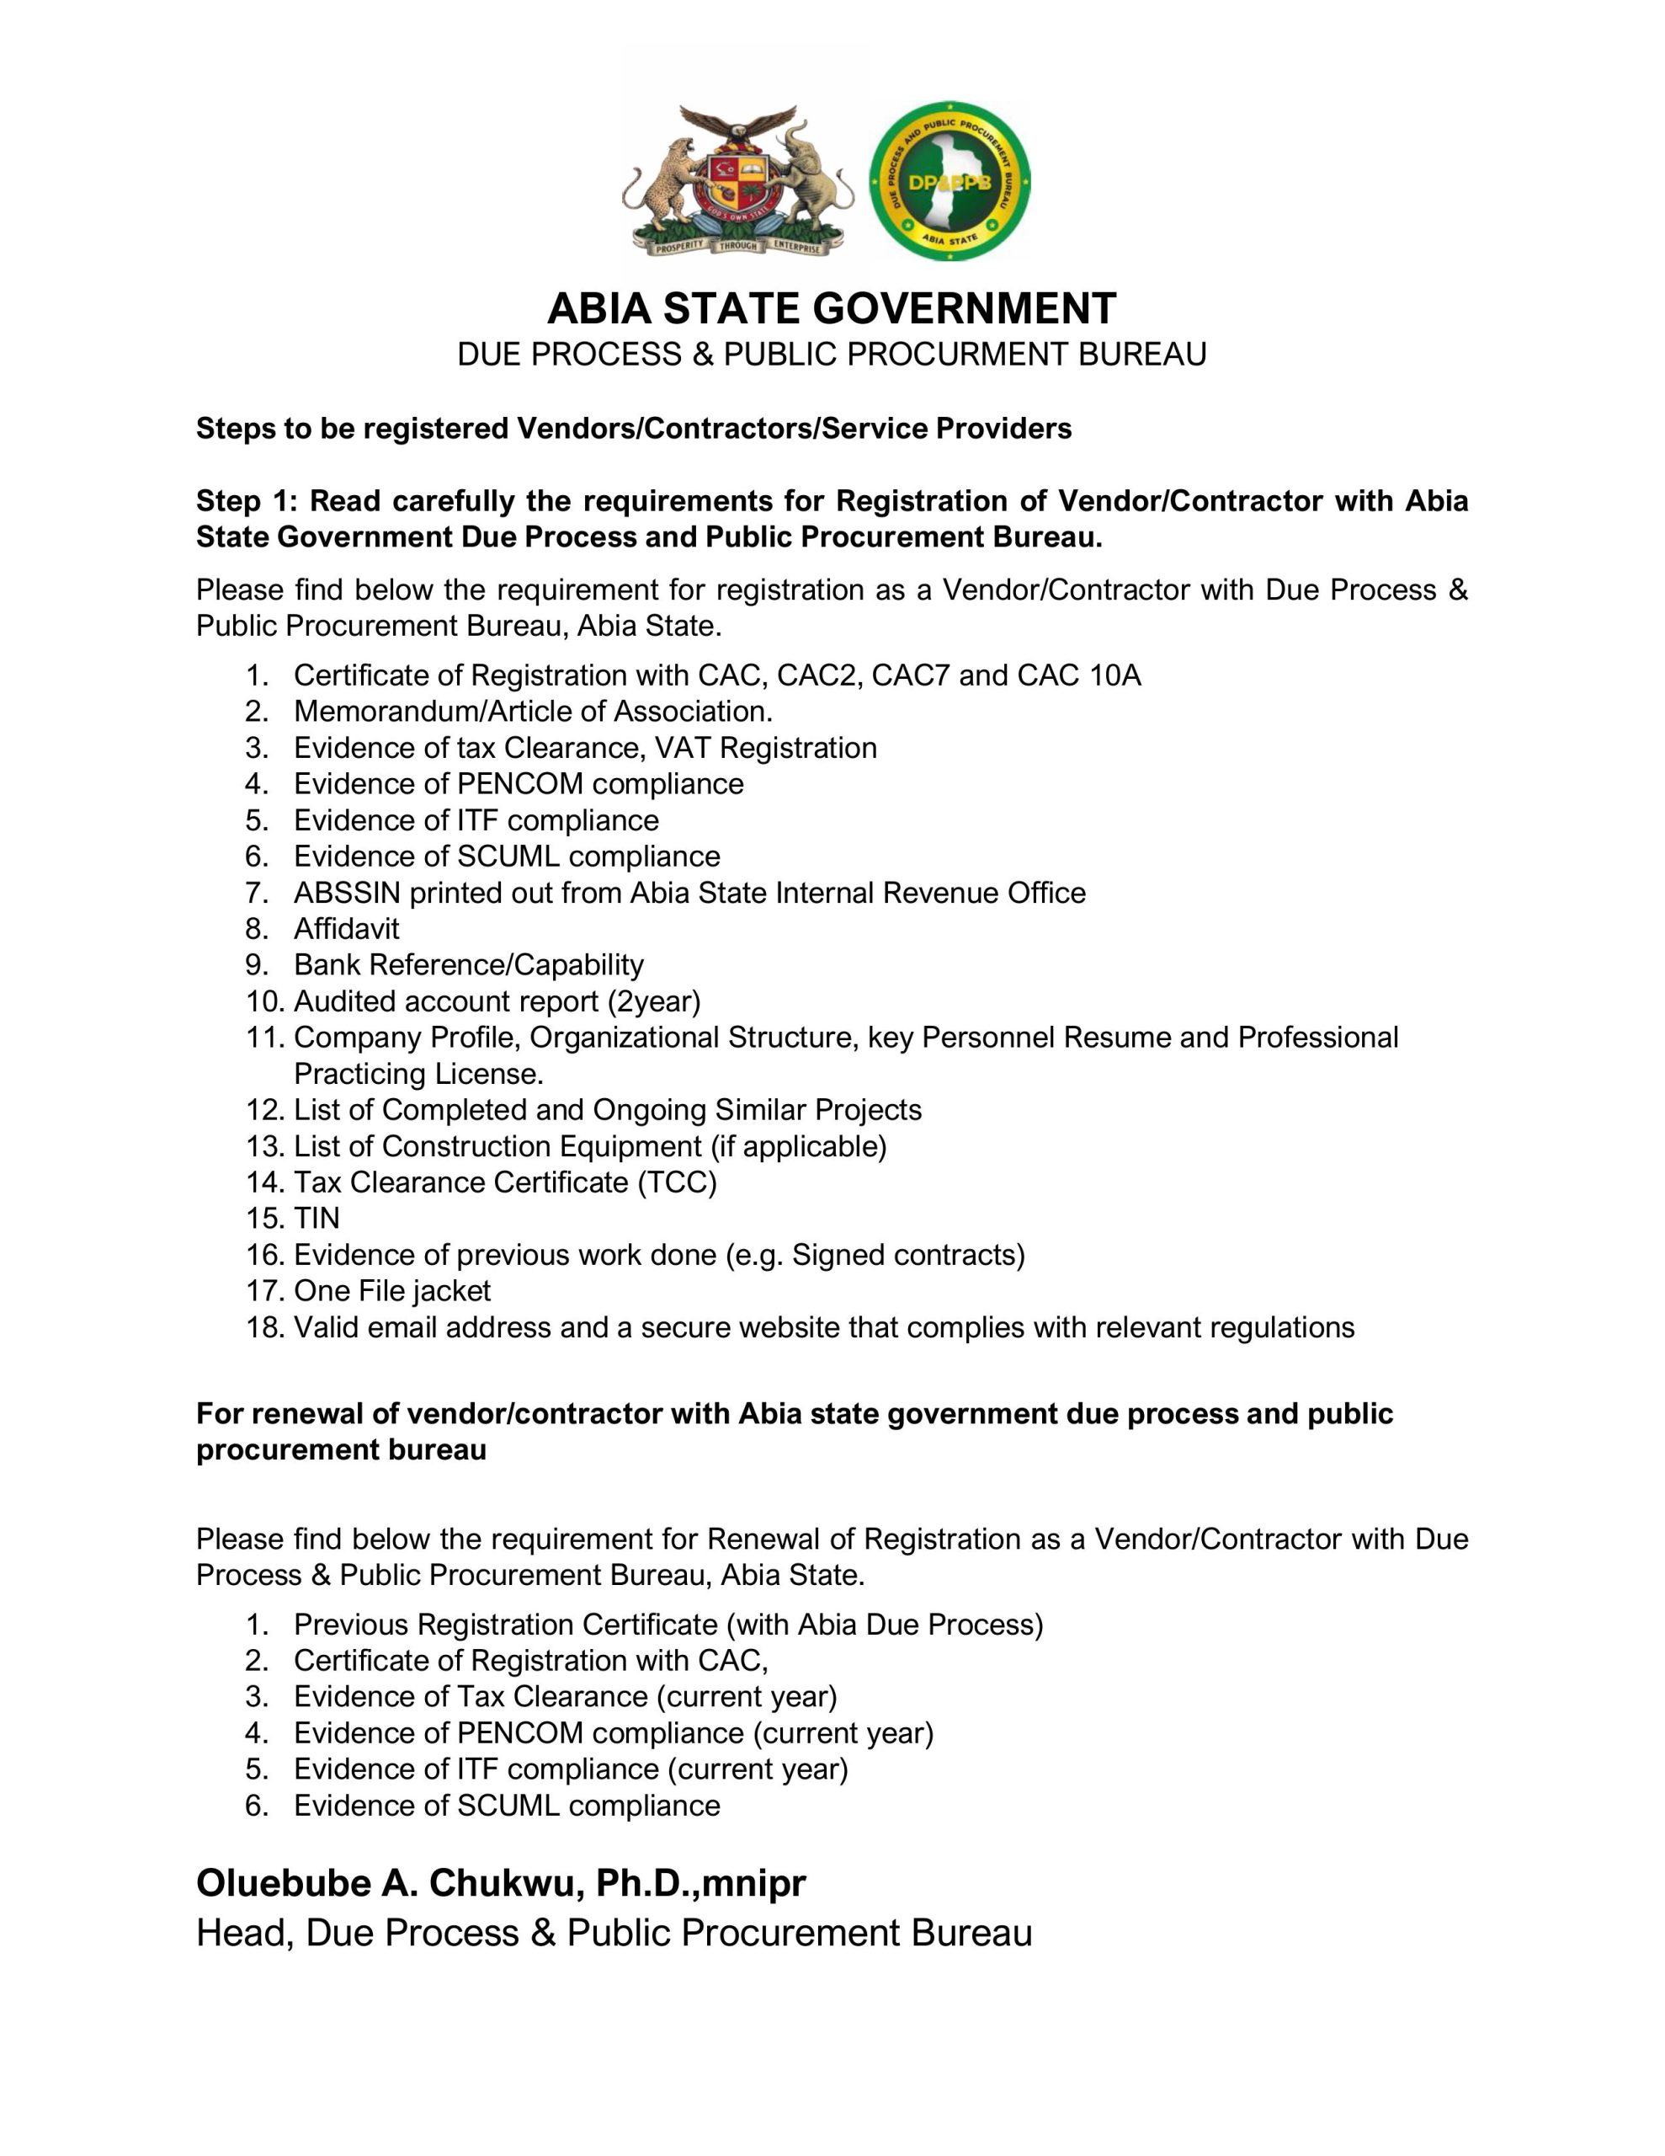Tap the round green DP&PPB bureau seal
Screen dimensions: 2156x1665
949,182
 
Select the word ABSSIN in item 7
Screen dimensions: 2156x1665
347,893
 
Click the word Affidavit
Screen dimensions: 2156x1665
347,929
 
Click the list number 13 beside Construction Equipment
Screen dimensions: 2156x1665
264,1146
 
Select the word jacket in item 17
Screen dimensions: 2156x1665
451,1290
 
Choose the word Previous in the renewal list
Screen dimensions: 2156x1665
353,1624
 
